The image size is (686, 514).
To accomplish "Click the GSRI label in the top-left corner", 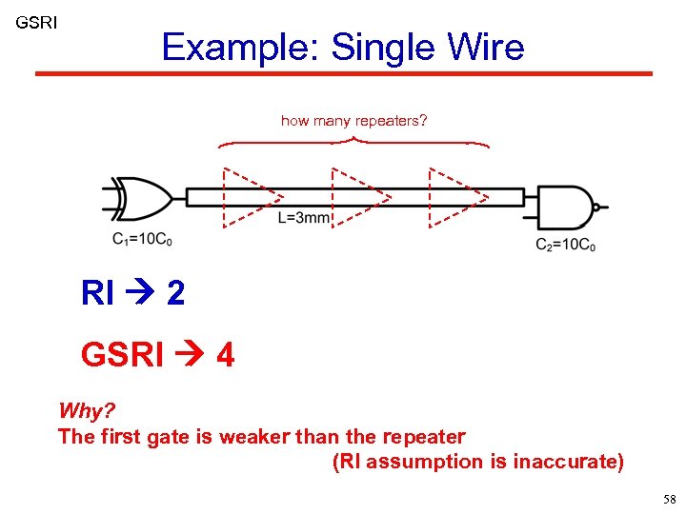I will (x=36, y=21).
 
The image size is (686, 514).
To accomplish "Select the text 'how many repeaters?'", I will (x=353, y=121).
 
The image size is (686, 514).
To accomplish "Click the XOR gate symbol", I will (x=143, y=197).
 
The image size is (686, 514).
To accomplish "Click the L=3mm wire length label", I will (x=304, y=218).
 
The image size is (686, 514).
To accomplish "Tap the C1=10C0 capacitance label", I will (x=143, y=239).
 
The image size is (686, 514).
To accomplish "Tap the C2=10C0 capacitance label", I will (x=565, y=245).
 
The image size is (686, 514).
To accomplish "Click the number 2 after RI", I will (x=175, y=293).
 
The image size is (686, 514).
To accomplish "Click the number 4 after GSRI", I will (x=225, y=355).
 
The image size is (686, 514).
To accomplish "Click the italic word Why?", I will (x=87, y=411).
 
